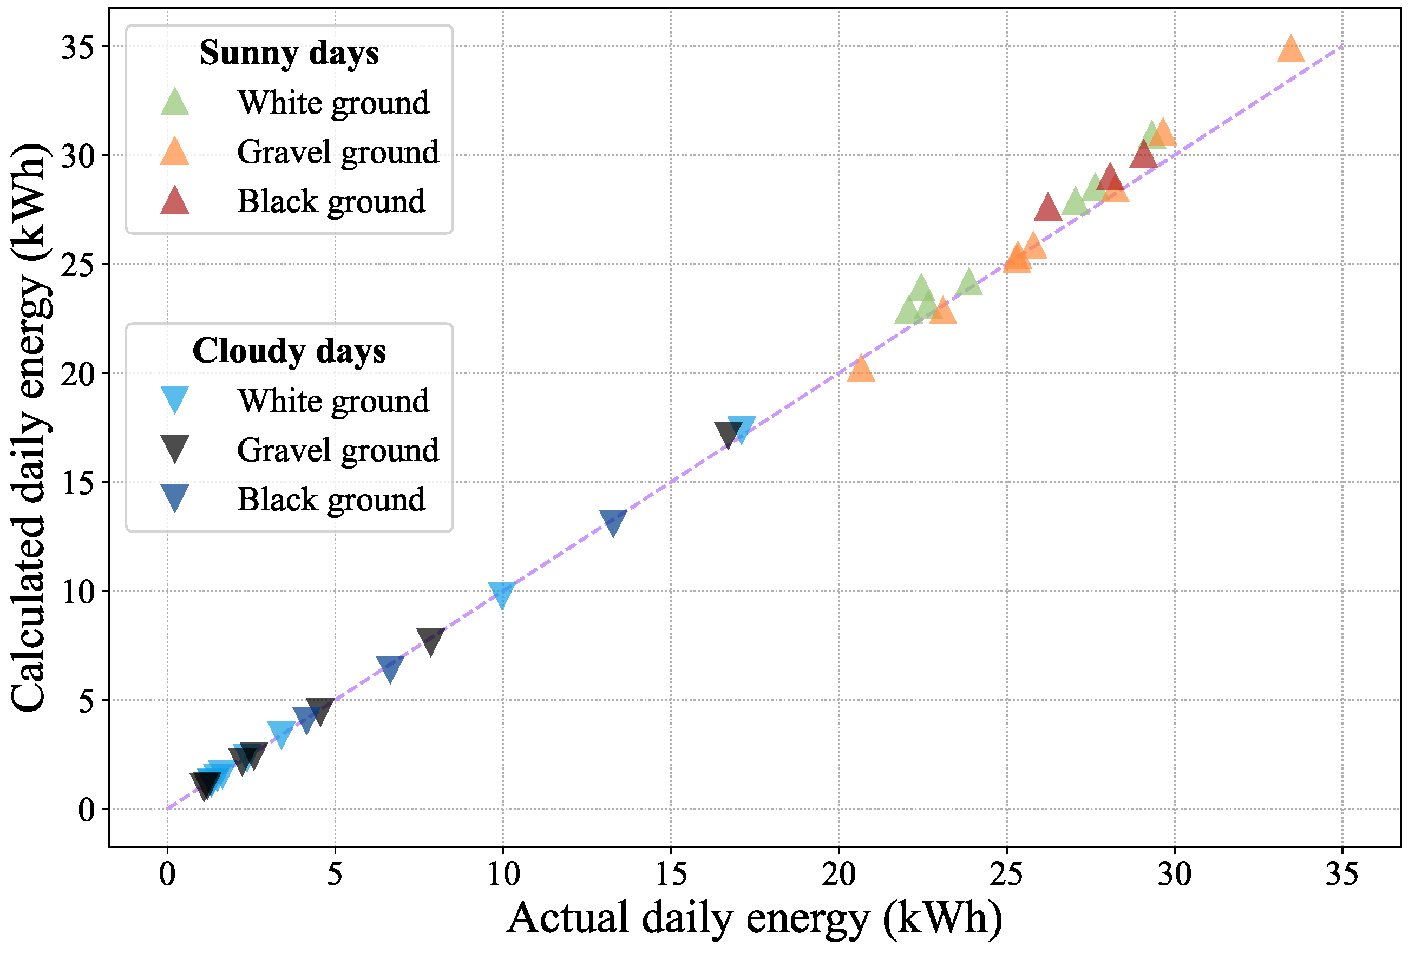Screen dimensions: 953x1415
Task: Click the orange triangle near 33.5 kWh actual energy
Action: [x=1290, y=50]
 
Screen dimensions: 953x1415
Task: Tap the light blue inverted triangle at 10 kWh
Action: [x=502, y=594]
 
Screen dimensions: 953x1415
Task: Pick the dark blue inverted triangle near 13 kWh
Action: [x=613, y=522]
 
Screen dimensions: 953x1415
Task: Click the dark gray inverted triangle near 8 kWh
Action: [x=430, y=641]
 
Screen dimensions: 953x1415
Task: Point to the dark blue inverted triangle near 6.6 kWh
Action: [x=390, y=668]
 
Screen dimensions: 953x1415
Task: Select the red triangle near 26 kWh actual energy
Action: [x=1047, y=208]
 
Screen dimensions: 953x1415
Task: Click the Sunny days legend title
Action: [x=289, y=53]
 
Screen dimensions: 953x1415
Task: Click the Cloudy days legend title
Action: [x=289, y=351]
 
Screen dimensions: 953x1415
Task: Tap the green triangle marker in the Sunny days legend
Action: [x=174, y=103]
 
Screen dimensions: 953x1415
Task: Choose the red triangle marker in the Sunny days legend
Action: [x=174, y=201]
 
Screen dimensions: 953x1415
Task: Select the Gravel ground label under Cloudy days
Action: [x=337, y=450]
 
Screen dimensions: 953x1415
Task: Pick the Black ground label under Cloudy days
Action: [x=331, y=499]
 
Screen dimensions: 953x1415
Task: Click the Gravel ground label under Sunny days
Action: [x=337, y=152]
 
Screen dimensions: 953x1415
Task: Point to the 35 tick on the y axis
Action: [x=77, y=47]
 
